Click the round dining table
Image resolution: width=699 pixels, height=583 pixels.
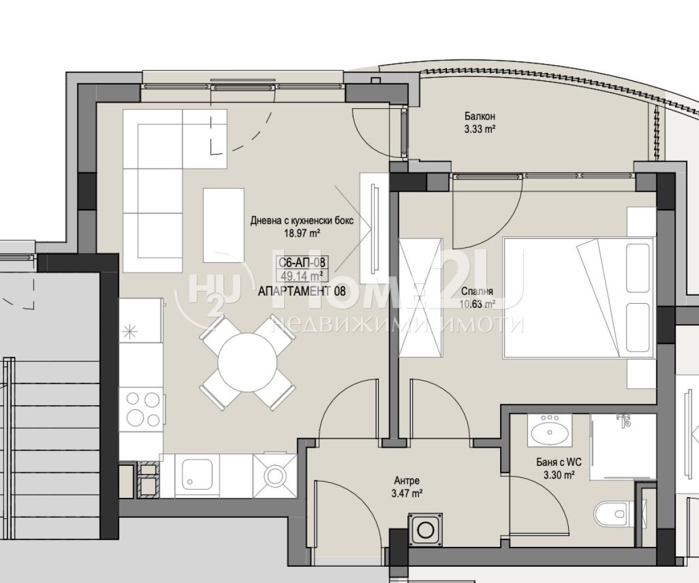[x=247, y=363]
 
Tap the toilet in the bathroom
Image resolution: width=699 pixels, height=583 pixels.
[x=613, y=513]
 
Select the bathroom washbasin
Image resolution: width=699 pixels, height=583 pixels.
[x=550, y=430]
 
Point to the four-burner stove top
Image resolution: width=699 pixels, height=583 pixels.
[x=142, y=410]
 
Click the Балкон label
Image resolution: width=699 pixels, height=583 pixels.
[x=480, y=117]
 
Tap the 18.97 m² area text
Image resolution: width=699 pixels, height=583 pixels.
[x=303, y=232]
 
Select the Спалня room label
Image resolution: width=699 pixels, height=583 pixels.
[x=477, y=291]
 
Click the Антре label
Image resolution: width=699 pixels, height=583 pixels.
[x=407, y=481]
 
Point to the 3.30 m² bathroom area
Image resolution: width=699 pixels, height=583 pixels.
[x=559, y=475]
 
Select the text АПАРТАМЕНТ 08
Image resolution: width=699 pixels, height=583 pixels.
[x=302, y=291]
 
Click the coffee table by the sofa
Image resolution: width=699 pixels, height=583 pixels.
[x=223, y=226]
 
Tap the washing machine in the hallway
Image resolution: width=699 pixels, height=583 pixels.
[x=426, y=528]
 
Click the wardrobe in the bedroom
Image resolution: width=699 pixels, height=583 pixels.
[x=421, y=298]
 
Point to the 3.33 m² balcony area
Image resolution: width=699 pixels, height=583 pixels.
[x=480, y=129]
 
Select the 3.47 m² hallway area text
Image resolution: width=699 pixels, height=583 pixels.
[x=407, y=493]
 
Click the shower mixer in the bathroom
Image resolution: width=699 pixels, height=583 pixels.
[x=624, y=419]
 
